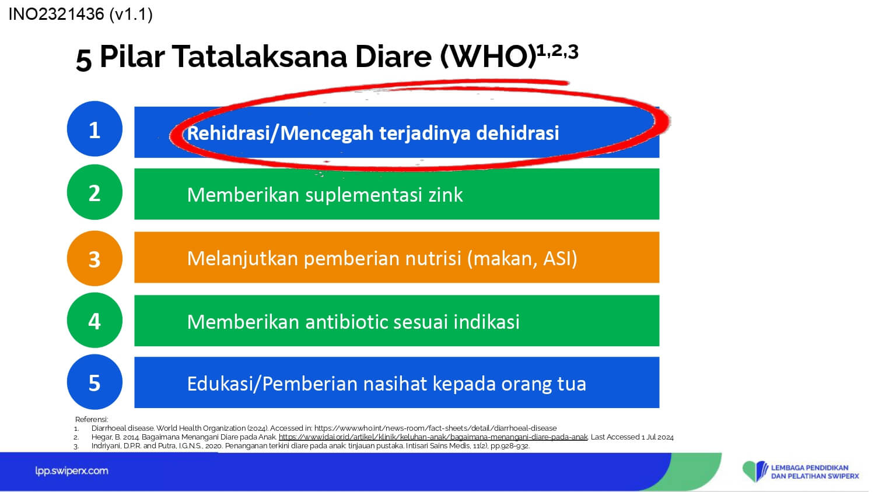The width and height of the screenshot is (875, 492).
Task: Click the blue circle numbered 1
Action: pyautogui.click(x=94, y=129)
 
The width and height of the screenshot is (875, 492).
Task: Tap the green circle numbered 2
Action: pyautogui.click(x=94, y=192)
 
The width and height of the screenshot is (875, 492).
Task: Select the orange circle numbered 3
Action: pyautogui.click(x=94, y=258)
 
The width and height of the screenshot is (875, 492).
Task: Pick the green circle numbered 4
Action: pyautogui.click(x=94, y=320)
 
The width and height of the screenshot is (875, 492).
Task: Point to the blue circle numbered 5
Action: pyautogui.click(x=94, y=382)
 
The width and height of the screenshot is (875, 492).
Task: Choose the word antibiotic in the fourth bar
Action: pyautogui.click(x=346, y=322)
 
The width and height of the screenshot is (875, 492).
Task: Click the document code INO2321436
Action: pyautogui.click(x=56, y=15)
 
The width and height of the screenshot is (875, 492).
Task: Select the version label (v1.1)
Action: pyautogui.click(x=131, y=15)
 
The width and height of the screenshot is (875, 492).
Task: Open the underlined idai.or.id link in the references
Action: pyautogui.click(x=433, y=437)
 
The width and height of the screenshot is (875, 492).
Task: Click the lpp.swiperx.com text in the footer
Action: pyautogui.click(x=72, y=471)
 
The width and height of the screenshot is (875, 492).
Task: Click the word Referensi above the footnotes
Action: pyautogui.click(x=92, y=419)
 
